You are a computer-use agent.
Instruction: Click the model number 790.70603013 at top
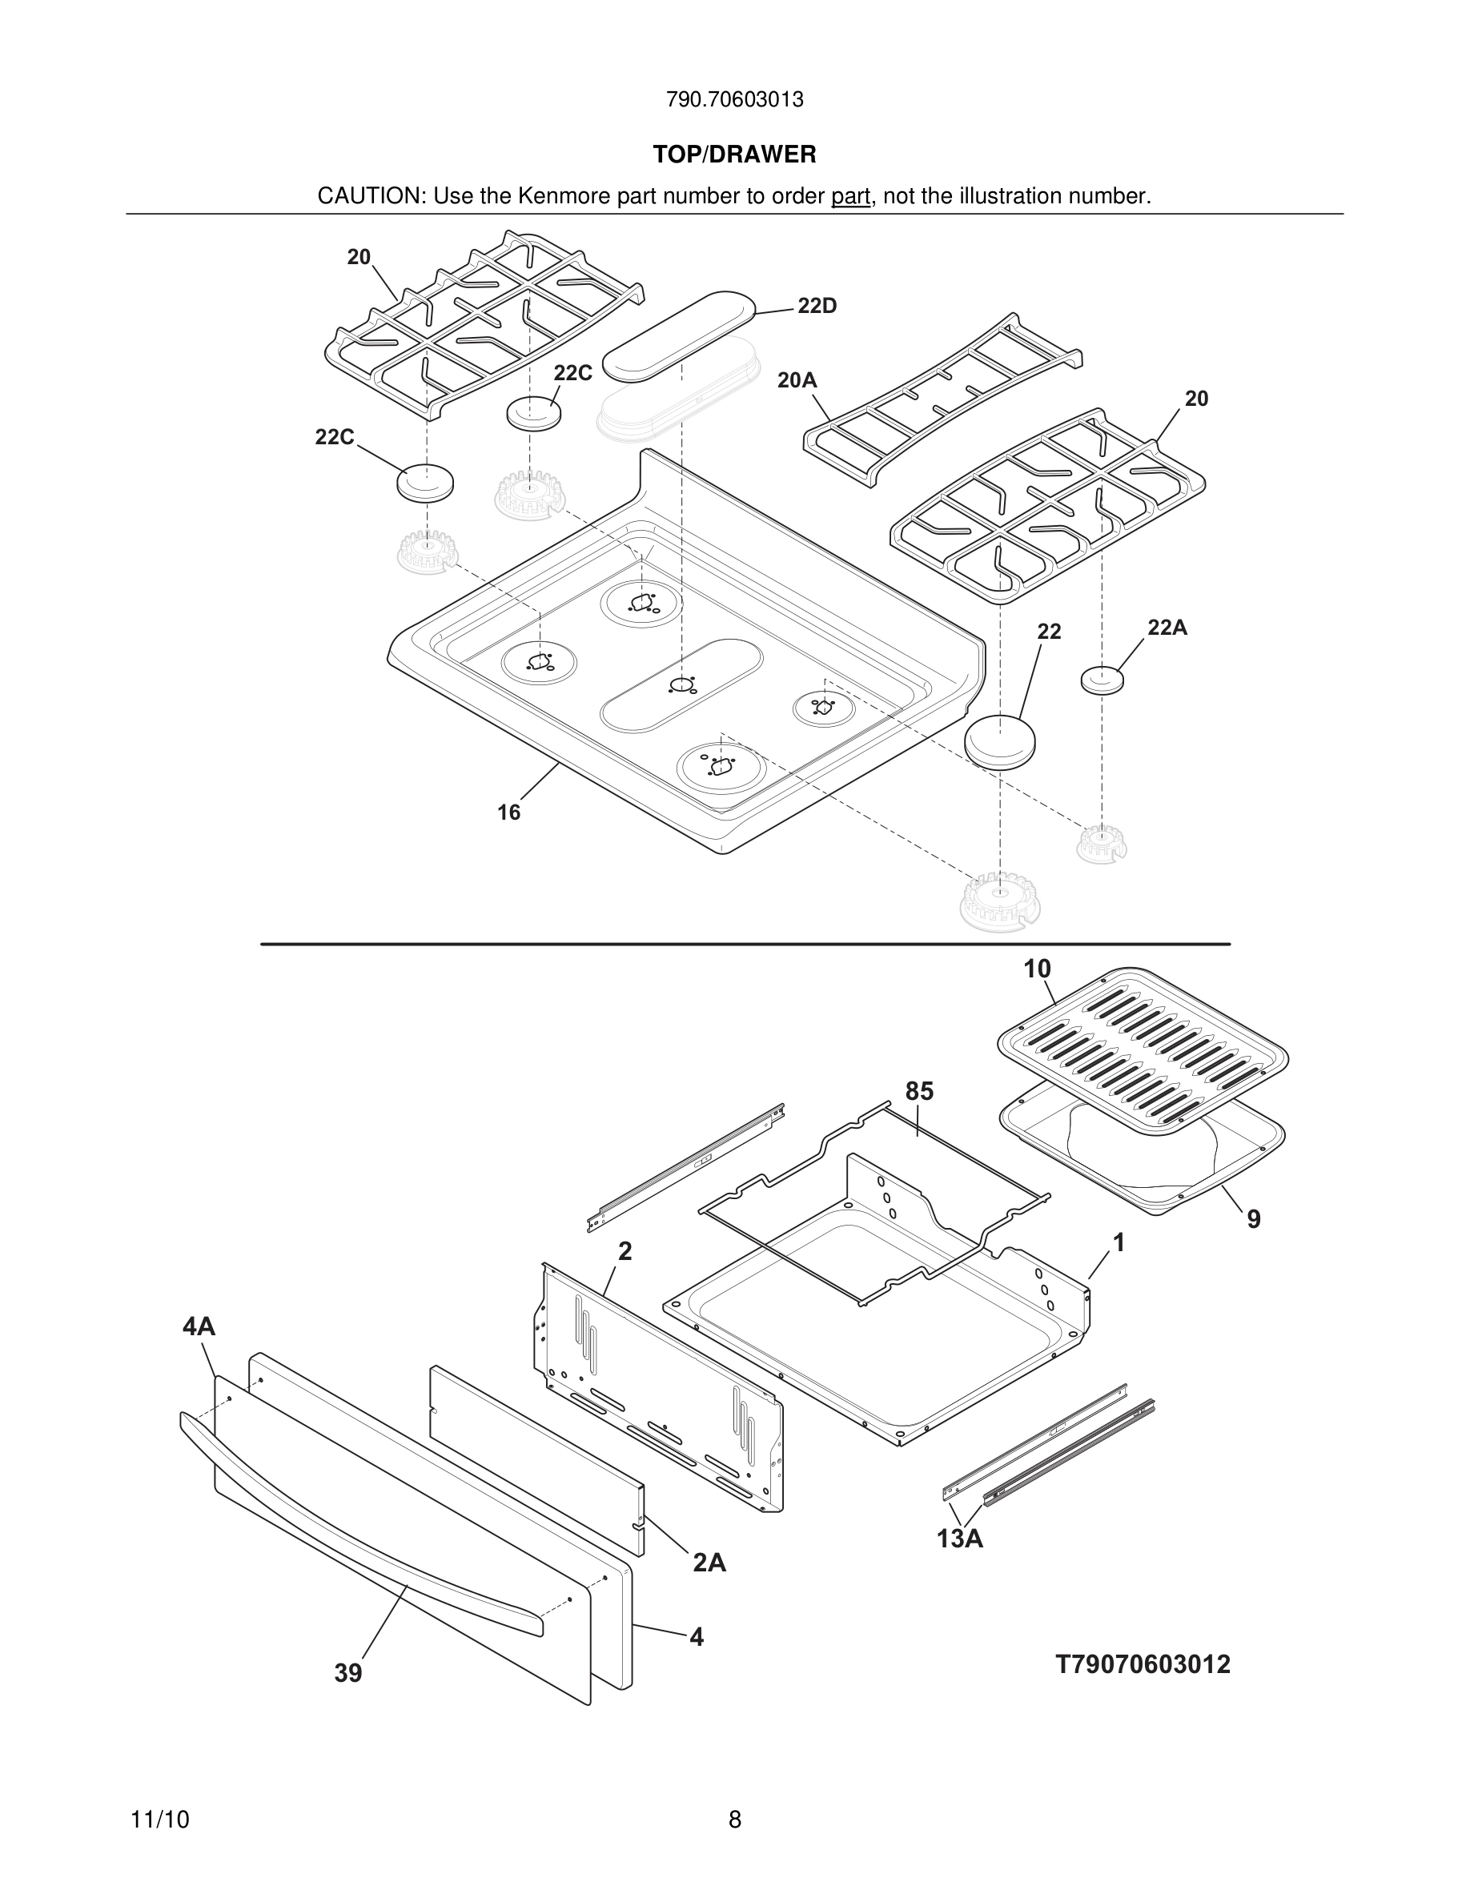(734, 100)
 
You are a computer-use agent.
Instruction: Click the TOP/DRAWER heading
(734, 155)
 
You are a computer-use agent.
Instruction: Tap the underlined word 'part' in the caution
(850, 197)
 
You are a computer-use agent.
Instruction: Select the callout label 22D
(816, 307)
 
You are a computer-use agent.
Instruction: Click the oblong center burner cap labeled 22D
(680, 335)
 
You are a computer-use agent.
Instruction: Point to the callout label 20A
(797, 380)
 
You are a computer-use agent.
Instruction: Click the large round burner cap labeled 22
(1000, 741)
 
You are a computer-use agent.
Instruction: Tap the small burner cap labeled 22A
(1102, 680)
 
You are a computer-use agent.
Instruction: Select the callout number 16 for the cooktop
(508, 813)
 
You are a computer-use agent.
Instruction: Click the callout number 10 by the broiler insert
(1036, 969)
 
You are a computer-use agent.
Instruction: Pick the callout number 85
(919, 1091)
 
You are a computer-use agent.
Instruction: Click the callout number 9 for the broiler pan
(1253, 1219)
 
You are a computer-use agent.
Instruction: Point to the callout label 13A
(960, 1539)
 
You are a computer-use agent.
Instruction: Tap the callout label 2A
(709, 1563)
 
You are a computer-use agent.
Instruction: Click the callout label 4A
(199, 1326)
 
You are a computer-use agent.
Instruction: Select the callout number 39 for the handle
(347, 1673)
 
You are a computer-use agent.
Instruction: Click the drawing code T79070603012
(1143, 1664)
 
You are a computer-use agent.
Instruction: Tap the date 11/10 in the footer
(159, 1820)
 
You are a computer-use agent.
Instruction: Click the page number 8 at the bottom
(734, 1820)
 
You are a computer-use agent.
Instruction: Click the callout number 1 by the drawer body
(1119, 1244)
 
